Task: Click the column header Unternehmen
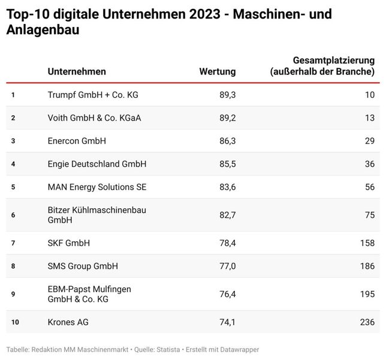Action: (77, 71)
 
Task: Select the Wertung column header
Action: (217, 71)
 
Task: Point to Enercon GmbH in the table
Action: (77, 140)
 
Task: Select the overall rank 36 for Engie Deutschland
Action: (369, 164)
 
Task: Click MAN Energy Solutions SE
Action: (96, 187)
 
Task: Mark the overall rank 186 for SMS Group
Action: (367, 266)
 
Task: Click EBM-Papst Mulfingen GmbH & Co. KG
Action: (89, 294)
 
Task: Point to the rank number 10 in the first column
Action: (15, 322)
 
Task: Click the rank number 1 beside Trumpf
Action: (13, 94)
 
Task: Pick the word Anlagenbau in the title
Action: (42, 30)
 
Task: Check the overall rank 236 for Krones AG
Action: (367, 322)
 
